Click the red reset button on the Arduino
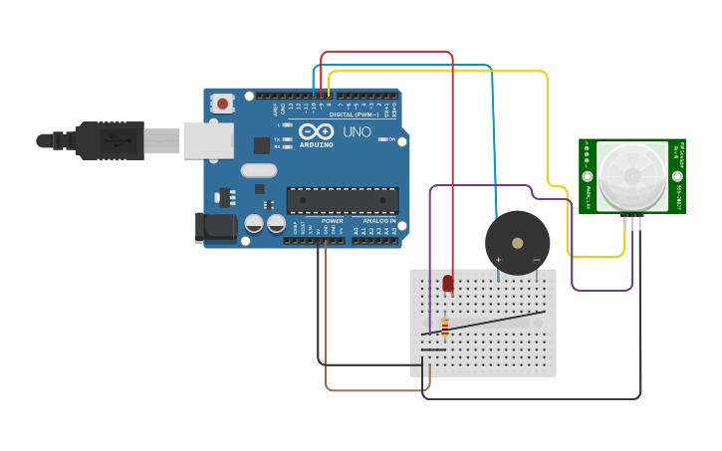point(222,103)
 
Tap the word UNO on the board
point(357,131)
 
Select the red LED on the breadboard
point(447,284)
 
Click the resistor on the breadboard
point(444,327)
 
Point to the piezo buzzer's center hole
point(517,242)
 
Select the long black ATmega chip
point(342,199)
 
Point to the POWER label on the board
point(332,221)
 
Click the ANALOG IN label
point(378,221)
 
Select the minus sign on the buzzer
point(536,261)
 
